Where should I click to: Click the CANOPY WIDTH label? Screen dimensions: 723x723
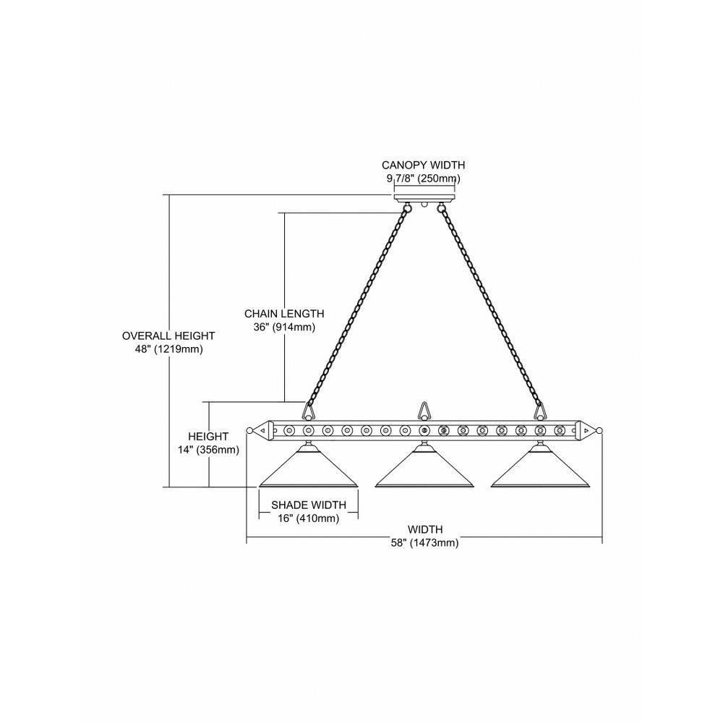pos(423,165)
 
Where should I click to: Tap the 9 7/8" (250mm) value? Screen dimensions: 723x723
pos(423,178)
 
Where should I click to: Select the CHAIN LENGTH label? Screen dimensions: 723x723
pos(284,314)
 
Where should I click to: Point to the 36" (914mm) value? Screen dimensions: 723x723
pos(284,328)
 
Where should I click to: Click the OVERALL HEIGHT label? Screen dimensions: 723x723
pos(168,335)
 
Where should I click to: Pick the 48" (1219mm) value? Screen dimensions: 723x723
pos(168,349)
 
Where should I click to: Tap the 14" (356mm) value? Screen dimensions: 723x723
pos(208,450)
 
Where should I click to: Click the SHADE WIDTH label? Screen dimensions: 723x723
pos(309,505)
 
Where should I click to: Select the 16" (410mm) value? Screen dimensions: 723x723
pos(309,518)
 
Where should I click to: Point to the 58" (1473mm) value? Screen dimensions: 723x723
pos(424,543)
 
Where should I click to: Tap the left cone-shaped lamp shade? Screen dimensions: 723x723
pos(309,466)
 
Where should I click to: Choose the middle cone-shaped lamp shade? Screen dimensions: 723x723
pos(424,466)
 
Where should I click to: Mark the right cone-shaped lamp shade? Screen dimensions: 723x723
pos(540,466)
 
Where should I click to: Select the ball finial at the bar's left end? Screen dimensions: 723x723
pos(249,431)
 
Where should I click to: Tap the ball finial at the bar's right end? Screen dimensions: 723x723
pos(599,431)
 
